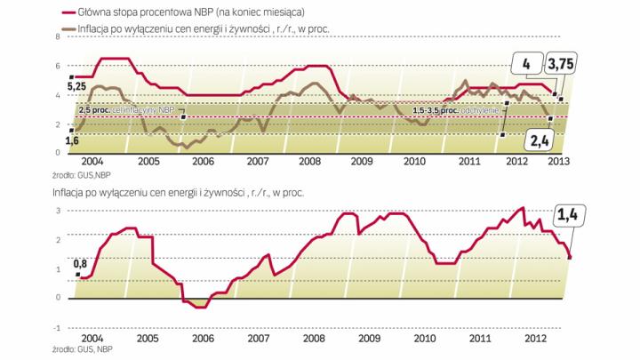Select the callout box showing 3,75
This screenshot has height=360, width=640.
coord(559,64)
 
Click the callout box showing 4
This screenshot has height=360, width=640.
coord(526,64)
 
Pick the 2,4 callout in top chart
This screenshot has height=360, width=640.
coord(538,140)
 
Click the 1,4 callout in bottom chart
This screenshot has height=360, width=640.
coord(567,213)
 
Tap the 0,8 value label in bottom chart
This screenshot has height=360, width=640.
coord(80,262)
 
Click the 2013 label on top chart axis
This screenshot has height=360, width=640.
coord(557,162)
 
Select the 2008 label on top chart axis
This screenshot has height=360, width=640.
coord(309,162)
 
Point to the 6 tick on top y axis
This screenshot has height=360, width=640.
coord(58,67)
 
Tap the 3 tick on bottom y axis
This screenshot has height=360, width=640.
coord(58,211)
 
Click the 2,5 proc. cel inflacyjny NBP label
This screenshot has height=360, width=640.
coord(126,109)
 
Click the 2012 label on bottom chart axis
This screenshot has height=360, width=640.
coord(534,339)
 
